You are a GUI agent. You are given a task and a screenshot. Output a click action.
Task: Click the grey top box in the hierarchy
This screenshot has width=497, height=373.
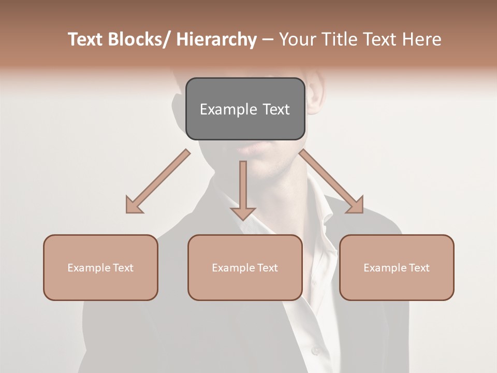pyautogui.click(x=245, y=109)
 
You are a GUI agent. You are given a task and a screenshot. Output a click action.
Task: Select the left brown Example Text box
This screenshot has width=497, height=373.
pyautogui.click(x=100, y=267)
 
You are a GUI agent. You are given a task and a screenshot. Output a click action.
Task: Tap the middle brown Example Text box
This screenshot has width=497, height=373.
pyautogui.click(x=245, y=267)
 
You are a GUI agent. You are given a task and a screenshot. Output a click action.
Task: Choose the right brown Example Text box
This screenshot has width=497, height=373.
pyautogui.click(x=397, y=267)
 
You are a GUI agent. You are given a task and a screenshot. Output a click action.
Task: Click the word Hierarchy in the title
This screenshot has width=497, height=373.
pyautogui.click(x=216, y=39)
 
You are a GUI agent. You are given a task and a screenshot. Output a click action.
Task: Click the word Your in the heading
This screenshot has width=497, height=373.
pyautogui.click(x=297, y=39)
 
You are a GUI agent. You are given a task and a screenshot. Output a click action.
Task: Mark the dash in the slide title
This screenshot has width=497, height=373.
pyautogui.click(x=268, y=40)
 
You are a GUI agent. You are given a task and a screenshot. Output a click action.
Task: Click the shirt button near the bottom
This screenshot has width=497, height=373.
pyautogui.click(x=316, y=351)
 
